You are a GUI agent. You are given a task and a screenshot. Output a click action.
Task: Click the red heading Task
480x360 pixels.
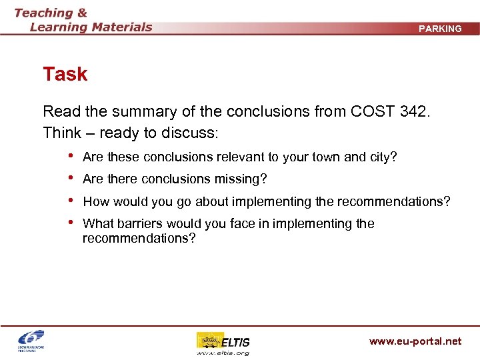pos(65,74)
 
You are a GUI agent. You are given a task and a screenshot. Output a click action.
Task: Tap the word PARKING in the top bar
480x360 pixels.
pos(440,29)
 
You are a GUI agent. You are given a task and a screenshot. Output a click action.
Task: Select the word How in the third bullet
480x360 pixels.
pos(96,201)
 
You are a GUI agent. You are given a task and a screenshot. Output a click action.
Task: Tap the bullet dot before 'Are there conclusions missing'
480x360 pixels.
pos(71,179)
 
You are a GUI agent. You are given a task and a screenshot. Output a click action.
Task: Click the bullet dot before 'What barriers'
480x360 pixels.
pos(71,223)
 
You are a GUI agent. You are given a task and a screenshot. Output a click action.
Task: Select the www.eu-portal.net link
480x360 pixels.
pos(415,341)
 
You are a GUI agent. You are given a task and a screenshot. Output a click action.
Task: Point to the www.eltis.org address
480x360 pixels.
pos(223,353)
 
